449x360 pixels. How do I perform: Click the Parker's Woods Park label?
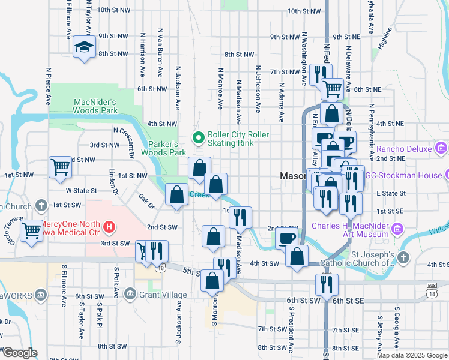pyautogui.click(x=163, y=148)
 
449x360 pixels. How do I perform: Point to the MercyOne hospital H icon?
pyautogui.click(x=109, y=227)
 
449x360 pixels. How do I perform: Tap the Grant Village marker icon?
pyautogui.click(x=130, y=294)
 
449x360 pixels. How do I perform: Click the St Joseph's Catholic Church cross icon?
pyautogui.click(x=403, y=258)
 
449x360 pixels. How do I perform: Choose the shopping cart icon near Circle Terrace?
pyautogui.click(x=31, y=229)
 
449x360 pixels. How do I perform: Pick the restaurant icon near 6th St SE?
pyautogui.click(x=326, y=284)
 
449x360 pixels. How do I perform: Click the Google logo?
pyautogui.click(x=19, y=353)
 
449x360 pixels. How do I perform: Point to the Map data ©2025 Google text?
pyautogui.click(x=412, y=355)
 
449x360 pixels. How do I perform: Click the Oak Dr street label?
pyautogui.click(x=146, y=201)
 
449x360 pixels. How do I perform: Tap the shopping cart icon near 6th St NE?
pyautogui.click(x=331, y=89)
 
